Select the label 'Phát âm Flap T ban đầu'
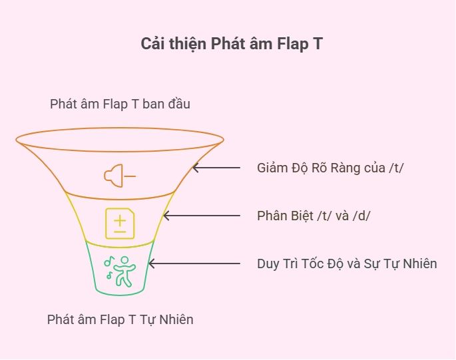tap(120, 104)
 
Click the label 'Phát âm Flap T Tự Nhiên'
tap(120, 319)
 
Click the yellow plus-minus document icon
tap(118, 223)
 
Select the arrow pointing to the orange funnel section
tap(216, 168)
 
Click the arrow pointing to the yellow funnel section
tap(202, 216)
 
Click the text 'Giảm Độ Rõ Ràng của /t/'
tap(330, 168)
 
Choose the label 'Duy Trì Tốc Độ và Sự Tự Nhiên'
tap(347, 264)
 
